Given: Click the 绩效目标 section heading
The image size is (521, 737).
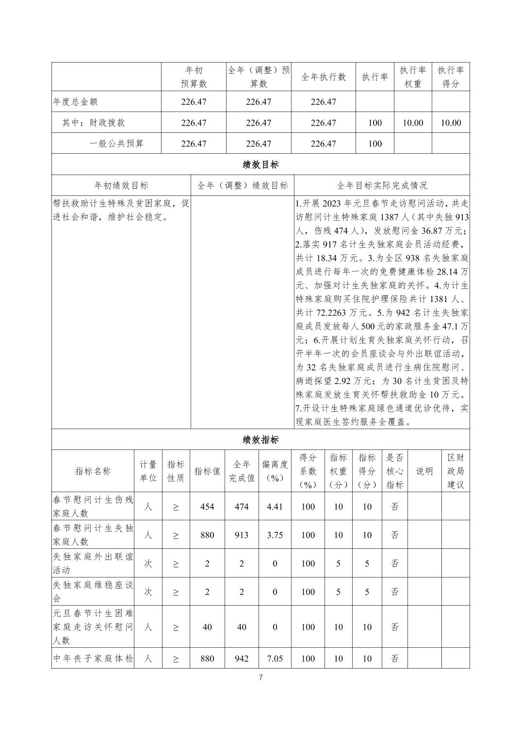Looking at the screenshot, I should click(x=260, y=164).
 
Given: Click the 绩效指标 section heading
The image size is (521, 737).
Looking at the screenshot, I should click(x=260, y=440).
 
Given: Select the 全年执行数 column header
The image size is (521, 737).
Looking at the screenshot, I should click(x=324, y=77).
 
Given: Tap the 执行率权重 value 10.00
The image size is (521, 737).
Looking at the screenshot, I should click(x=413, y=123).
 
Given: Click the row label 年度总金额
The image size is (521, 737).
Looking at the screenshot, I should click(x=76, y=102).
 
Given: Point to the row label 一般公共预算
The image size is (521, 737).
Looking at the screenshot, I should click(x=116, y=144).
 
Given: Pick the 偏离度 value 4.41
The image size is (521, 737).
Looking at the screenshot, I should click(x=275, y=507).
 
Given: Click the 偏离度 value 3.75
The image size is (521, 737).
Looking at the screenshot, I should click(x=275, y=535).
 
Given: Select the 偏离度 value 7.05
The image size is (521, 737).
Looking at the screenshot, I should click(x=275, y=658).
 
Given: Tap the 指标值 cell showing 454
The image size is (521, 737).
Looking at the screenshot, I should click(x=207, y=507).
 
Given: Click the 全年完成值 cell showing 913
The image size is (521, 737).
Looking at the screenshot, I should click(x=242, y=535).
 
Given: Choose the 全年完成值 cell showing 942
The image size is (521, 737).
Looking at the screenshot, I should click(x=242, y=658).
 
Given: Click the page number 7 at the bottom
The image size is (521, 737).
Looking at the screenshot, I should click(x=260, y=678).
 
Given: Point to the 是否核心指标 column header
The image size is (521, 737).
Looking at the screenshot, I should click(x=395, y=471).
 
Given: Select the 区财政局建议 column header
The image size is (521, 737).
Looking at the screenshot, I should click(x=456, y=471).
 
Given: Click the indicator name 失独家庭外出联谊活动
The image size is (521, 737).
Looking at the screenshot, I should click(x=93, y=563).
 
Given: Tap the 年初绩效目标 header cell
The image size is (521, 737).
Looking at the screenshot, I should click(x=121, y=185).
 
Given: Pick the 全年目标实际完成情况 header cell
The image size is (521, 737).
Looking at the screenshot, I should click(x=382, y=185).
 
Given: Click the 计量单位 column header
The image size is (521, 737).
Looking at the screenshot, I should click(x=148, y=471).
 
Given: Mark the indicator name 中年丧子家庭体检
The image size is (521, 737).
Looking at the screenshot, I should click(x=93, y=658).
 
